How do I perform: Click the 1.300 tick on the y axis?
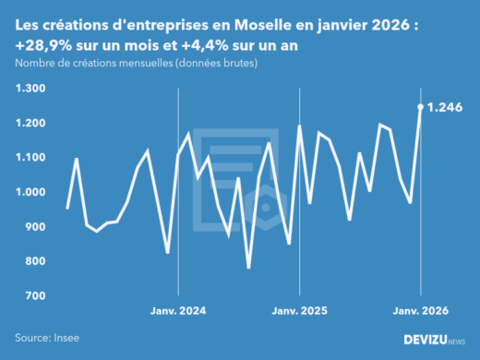[31, 89]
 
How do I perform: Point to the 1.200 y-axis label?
[31, 123]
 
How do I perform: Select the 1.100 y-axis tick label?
[31, 158]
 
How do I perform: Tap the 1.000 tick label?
[31, 192]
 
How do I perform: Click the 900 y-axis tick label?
[35, 227]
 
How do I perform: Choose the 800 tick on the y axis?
[35, 261]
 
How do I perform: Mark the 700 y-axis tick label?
[35, 295]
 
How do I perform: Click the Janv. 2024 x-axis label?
[178, 311]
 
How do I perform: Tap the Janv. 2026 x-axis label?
[421, 311]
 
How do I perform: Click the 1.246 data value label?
[448, 107]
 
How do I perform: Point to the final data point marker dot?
[421, 107]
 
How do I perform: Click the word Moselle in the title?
[248, 29]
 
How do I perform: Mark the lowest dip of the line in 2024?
[248, 268]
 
